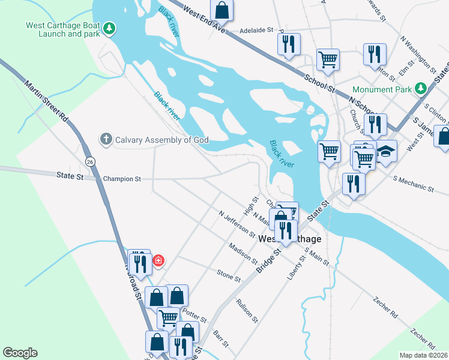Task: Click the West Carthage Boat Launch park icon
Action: [109, 28]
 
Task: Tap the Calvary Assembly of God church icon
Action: [106, 140]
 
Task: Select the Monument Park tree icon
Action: [421, 89]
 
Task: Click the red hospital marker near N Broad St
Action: [158, 261]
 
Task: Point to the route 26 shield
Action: [90, 162]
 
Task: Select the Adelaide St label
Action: [256, 29]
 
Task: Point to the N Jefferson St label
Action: [237, 223]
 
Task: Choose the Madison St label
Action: [244, 254]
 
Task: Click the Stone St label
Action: [228, 275]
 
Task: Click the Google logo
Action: [20, 353]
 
